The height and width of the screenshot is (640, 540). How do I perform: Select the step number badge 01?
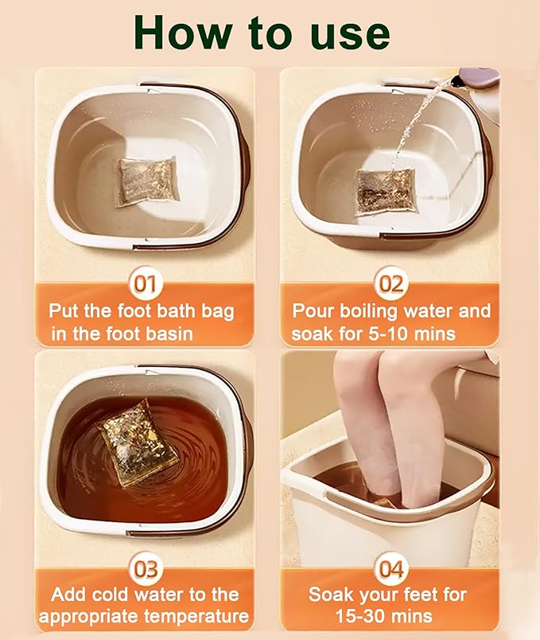pyautogui.click(x=146, y=284)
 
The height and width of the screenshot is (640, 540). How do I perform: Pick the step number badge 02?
pyautogui.click(x=390, y=284)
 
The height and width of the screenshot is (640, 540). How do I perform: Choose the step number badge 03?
pyautogui.click(x=146, y=569)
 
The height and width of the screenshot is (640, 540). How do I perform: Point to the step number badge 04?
pyautogui.click(x=390, y=569)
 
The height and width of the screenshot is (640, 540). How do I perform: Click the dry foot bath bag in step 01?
pyautogui.click(x=146, y=181)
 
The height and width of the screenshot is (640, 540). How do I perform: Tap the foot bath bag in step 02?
pyautogui.click(x=385, y=191)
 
